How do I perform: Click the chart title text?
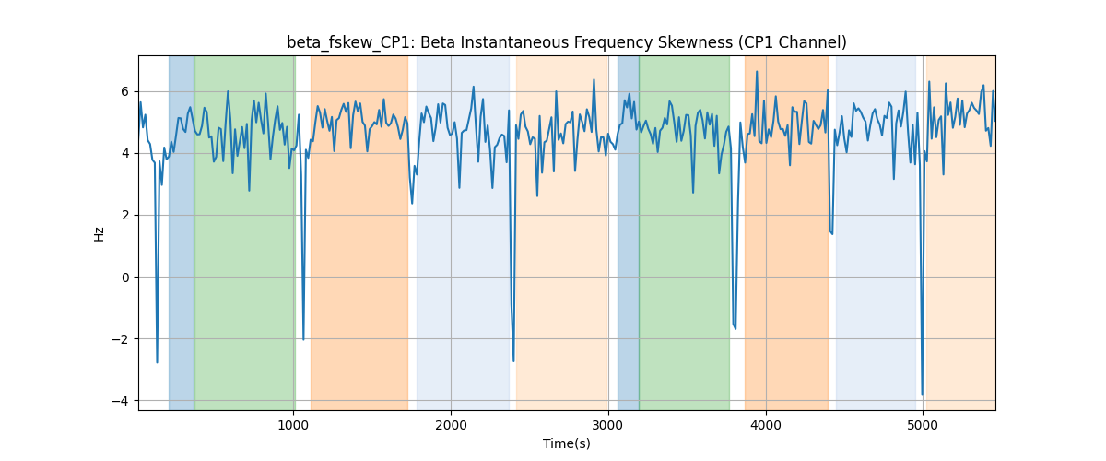coord(566,42)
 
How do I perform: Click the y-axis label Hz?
coord(100,233)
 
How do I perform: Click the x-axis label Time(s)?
coord(566,443)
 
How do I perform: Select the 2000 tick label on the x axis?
coord(451,425)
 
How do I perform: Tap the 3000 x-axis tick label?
coord(608,425)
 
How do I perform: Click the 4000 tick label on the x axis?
coord(766,425)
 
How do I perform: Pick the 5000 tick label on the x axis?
coord(923,425)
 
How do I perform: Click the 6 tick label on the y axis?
coord(125,91)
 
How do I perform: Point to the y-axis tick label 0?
coord(125,278)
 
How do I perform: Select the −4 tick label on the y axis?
coord(121,401)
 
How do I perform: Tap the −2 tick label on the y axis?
coord(121,339)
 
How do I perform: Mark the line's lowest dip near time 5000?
coord(922,395)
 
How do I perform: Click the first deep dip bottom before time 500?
coord(157,362)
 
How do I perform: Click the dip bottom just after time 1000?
coord(303,340)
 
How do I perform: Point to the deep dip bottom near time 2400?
coord(513,361)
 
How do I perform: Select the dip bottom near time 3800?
coord(735,329)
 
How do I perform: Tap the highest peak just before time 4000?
coord(757,71)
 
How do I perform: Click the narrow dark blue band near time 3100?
coord(628,232)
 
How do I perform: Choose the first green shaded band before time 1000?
coord(245,232)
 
